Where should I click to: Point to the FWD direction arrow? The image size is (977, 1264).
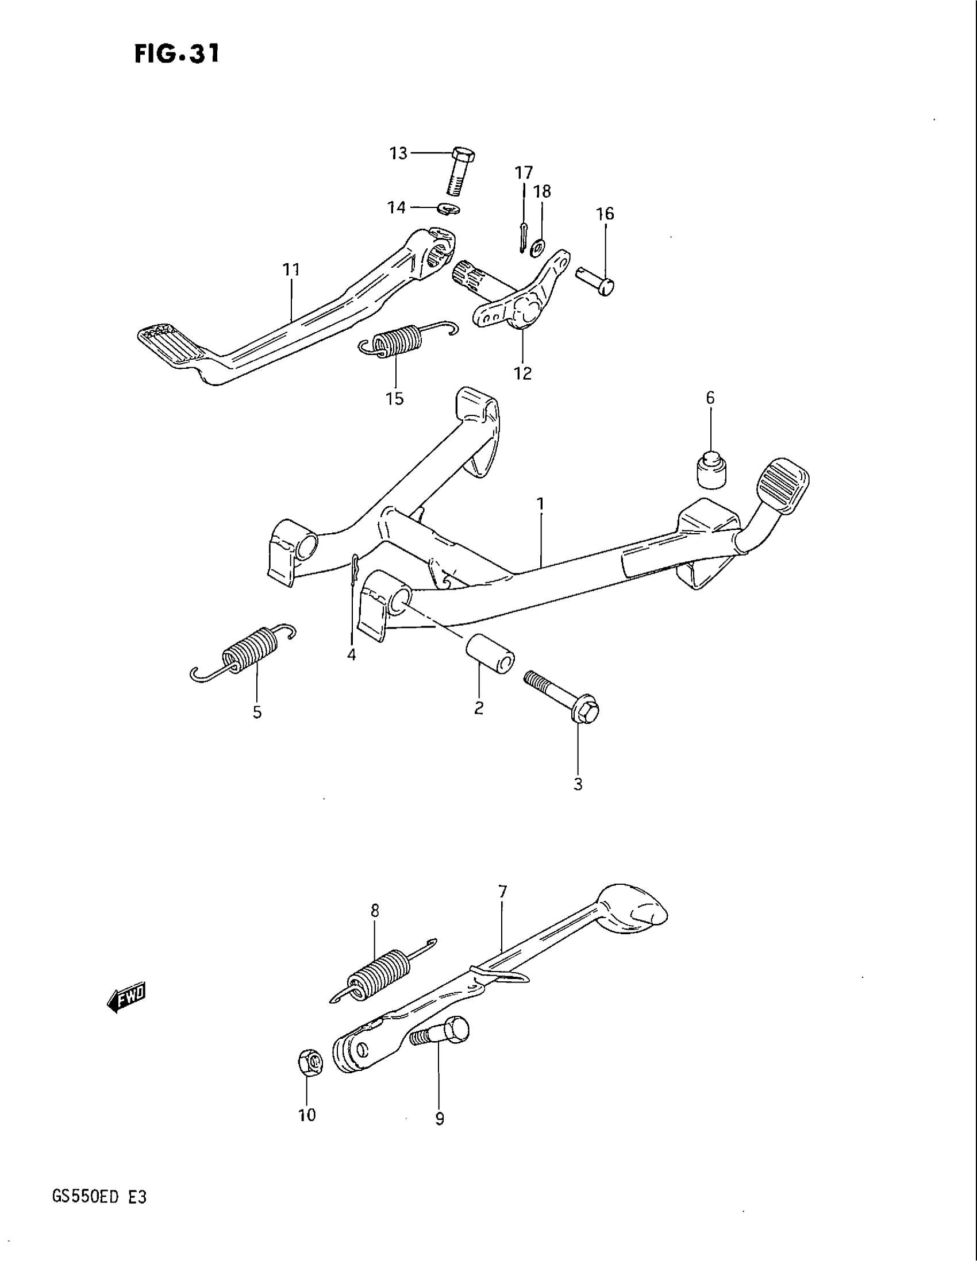[x=128, y=997]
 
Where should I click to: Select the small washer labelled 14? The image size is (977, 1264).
[x=449, y=209]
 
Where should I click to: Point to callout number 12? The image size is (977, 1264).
[x=522, y=374]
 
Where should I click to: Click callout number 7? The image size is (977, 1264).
[x=502, y=892]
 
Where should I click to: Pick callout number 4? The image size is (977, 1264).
[x=351, y=654]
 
